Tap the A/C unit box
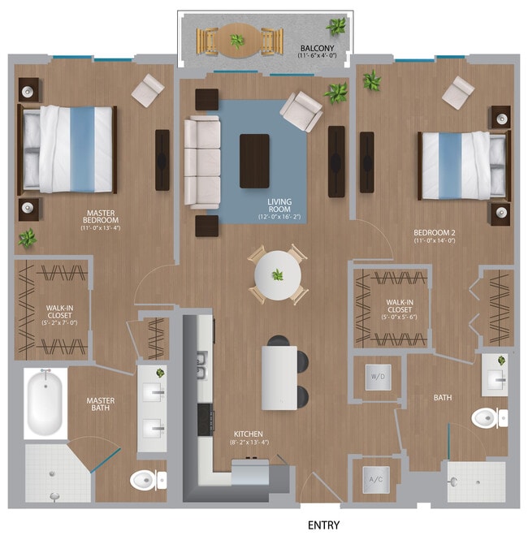click(376, 478)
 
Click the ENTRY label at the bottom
click(323, 525)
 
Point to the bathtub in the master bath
click(45, 404)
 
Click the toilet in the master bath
click(147, 479)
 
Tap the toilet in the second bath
click(488, 417)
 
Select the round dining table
click(277, 276)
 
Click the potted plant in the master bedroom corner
click(28, 238)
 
